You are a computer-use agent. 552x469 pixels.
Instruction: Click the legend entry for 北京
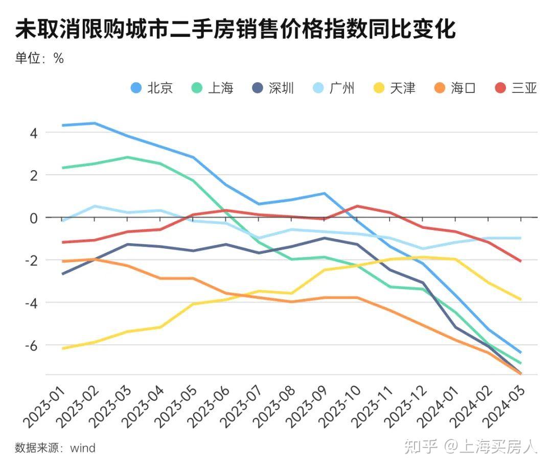152,88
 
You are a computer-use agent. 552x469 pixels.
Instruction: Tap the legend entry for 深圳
273,88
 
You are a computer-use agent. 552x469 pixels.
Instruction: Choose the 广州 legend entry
333,88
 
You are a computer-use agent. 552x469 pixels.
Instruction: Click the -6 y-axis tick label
31,345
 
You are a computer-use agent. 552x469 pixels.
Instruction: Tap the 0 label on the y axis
34,218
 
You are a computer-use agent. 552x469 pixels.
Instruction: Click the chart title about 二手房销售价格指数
235,30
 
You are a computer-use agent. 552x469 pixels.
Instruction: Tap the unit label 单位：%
39,58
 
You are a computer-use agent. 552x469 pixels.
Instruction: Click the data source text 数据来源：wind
55,448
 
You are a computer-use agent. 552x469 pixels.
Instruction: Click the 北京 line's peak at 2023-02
95,123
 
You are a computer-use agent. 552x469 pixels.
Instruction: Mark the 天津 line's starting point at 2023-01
62,348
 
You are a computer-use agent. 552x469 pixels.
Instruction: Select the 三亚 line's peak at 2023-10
357,206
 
